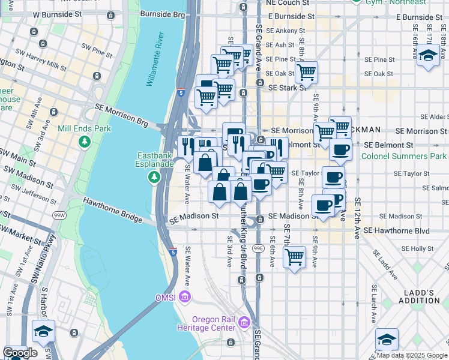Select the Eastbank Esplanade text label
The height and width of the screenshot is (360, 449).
pyautogui.click(x=155, y=161)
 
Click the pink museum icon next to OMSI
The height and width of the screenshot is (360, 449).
pyautogui.click(x=185, y=296)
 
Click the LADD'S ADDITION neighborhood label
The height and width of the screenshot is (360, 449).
pyautogui.click(x=419, y=296)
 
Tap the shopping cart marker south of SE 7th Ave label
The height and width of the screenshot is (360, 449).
pyautogui.click(x=294, y=257)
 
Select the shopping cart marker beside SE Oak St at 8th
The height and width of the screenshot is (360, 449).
pyautogui.click(x=307, y=72)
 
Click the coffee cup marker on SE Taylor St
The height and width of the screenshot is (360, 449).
pyautogui.click(x=333, y=176)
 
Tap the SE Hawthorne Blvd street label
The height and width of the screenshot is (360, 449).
pyautogui.click(x=397, y=230)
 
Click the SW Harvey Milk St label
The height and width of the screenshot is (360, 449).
pyautogui.click(x=62, y=64)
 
